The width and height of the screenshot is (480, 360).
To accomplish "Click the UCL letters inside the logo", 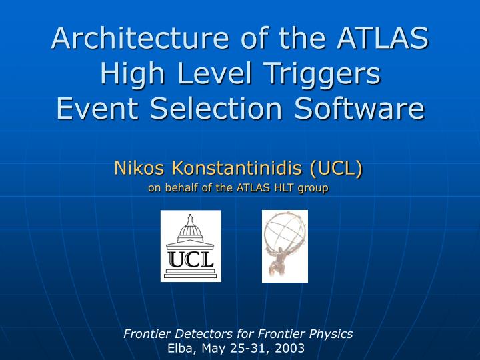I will (x=191, y=259).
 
